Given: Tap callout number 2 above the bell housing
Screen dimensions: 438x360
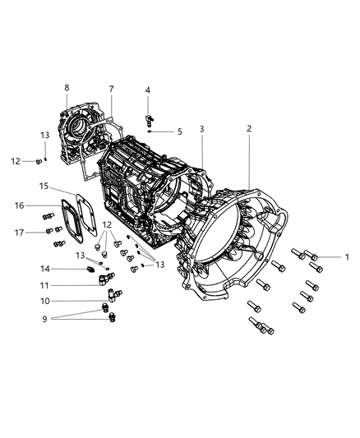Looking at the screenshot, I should (x=249, y=128).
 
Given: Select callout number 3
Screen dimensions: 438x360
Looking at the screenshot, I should (x=201, y=129).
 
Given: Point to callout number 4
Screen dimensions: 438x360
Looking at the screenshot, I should (x=148, y=90).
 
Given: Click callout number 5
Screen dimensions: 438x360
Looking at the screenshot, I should (x=180, y=131).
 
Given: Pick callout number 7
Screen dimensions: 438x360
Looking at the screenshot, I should (x=111, y=88).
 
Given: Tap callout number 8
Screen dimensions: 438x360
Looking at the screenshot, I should (x=67, y=87).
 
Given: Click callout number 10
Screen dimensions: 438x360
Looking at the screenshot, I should (x=45, y=301).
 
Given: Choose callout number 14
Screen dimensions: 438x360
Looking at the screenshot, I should (x=45, y=268).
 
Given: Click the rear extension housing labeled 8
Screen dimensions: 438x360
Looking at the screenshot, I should (x=82, y=131).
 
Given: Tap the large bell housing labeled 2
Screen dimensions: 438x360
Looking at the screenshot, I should (x=238, y=247).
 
